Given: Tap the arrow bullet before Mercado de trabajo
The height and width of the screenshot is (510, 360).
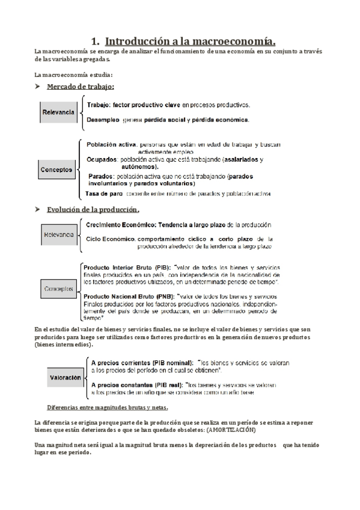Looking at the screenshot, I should coord(39,87).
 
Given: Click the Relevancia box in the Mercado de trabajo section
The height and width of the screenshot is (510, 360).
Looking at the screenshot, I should coord(58,112).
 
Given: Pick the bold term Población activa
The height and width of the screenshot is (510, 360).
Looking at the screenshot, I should coord(111,145).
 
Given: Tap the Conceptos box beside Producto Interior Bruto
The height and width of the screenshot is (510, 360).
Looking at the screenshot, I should coord(58,289).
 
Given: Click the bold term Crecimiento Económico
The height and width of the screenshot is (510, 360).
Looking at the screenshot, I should coord(120,224).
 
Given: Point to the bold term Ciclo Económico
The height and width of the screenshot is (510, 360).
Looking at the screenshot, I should coord(111,239).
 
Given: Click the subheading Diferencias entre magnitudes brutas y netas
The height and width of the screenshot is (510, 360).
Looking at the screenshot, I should coord(103,407).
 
